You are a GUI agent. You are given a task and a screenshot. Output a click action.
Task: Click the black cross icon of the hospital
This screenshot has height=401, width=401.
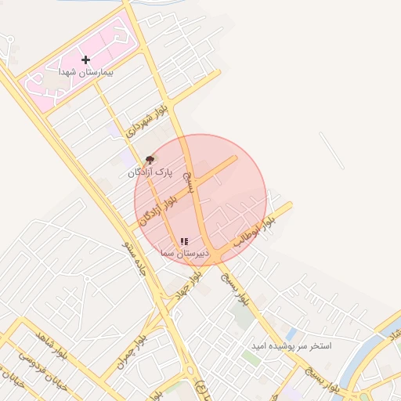(x=85, y=60)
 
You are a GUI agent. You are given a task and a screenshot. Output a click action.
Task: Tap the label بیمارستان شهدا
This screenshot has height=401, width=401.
(x=86, y=71)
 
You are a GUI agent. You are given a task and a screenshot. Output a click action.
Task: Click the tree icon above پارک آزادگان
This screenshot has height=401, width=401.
(x=150, y=159)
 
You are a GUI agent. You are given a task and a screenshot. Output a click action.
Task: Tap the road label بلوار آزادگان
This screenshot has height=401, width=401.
(x=160, y=209)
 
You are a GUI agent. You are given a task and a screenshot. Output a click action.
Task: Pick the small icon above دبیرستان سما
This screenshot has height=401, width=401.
(x=183, y=242)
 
